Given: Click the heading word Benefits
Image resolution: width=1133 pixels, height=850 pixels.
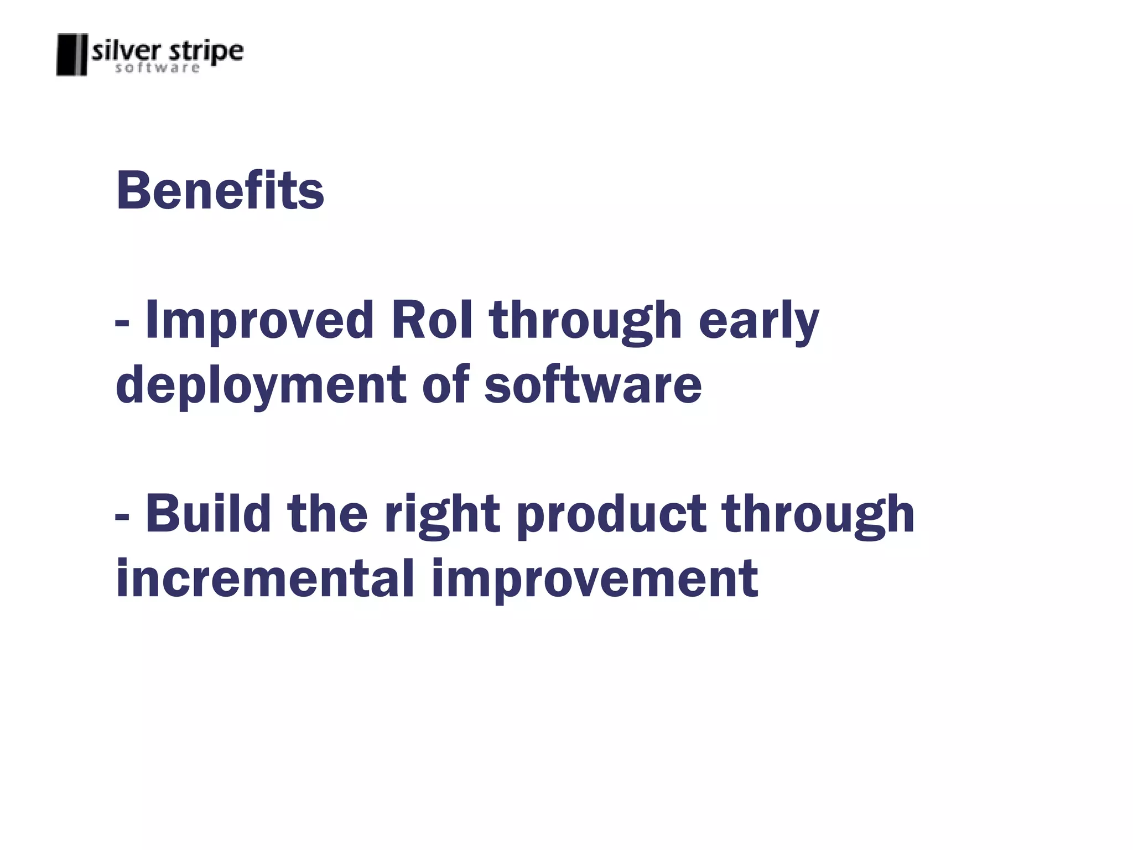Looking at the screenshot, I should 220,191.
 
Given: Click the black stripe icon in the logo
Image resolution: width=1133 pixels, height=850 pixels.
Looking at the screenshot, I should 72,54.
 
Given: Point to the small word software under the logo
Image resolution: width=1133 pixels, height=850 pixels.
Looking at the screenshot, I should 157,68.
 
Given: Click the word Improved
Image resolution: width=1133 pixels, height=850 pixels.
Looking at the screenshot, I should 259,321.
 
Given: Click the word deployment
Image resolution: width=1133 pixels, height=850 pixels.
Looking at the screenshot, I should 261,386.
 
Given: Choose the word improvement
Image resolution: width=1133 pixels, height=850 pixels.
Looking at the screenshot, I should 595,580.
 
